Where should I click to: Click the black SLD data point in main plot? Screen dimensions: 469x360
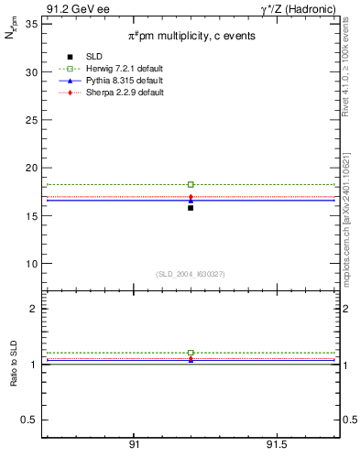191,208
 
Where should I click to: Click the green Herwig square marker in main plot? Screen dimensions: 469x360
191,185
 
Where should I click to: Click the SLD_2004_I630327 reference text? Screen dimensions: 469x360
191,274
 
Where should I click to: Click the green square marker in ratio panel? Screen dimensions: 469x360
191,353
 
